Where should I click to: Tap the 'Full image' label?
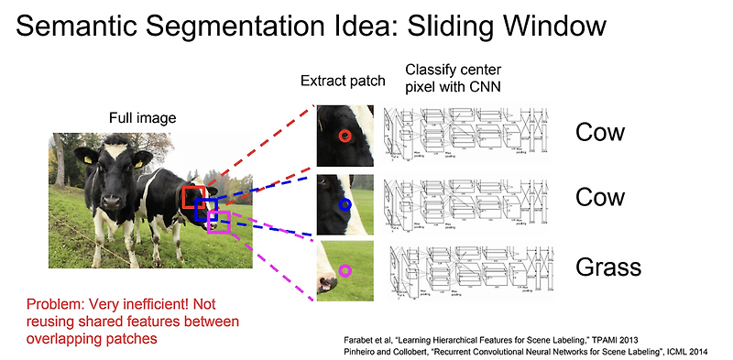click(x=142, y=118)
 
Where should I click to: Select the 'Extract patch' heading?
click(x=342, y=82)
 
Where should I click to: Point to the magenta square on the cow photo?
click(x=218, y=222)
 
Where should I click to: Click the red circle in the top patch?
click(x=344, y=136)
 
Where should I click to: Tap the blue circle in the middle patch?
click(x=345, y=204)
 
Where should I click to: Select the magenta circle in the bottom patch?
click(x=345, y=270)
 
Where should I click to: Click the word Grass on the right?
click(x=608, y=267)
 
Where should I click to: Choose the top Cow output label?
click(x=600, y=132)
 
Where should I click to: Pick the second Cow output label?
click(x=600, y=198)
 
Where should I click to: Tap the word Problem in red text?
click(x=55, y=304)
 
